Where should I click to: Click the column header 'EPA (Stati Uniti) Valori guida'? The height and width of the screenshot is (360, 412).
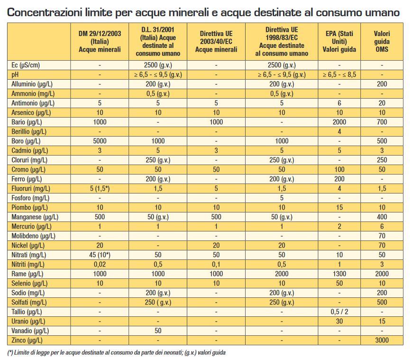[339, 42]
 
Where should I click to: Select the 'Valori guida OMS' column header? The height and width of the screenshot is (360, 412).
[382, 42]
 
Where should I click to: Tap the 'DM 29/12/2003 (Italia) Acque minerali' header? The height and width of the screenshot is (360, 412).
[100, 42]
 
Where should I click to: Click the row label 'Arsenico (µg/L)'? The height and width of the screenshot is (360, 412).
[31, 113]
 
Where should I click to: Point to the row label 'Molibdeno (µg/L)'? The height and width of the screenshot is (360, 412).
[33, 236]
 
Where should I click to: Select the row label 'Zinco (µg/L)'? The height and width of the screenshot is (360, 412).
[27, 340]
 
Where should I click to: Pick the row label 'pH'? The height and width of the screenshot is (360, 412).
[15, 75]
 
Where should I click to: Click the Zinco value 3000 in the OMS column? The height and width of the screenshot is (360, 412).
[382, 340]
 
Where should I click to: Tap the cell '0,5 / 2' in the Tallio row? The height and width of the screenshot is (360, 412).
[339, 312]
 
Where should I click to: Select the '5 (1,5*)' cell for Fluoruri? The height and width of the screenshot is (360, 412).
[100, 189]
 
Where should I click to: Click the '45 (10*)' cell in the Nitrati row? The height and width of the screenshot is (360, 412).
[100, 255]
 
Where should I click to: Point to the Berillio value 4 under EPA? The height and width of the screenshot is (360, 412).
[339, 131]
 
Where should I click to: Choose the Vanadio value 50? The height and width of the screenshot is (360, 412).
[158, 331]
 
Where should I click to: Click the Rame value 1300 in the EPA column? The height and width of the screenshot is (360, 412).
[339, 274]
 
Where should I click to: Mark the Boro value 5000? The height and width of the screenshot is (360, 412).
[100, 141]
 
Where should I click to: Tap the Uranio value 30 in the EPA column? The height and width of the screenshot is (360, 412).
[339, 322]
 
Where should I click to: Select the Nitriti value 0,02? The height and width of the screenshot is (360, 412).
[100, 264]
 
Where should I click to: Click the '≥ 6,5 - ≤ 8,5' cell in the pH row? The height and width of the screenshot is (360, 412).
[339, 74]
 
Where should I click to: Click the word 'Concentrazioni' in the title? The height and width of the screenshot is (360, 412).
[45, 12]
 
